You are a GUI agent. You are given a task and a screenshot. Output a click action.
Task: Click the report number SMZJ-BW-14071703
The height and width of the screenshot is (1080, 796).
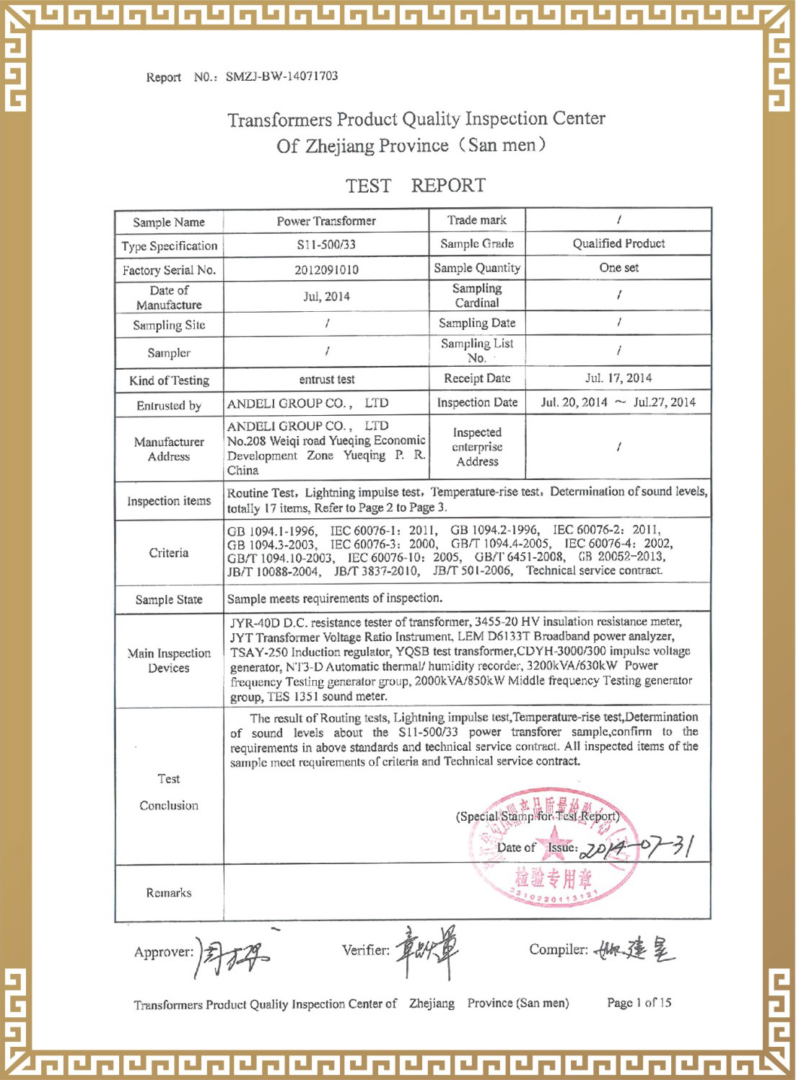pos(281,77)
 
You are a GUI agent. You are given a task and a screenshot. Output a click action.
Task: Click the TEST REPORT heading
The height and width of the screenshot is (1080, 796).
pos(416,186)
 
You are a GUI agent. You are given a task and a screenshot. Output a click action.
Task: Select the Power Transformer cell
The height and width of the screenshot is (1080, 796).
pos(326,221)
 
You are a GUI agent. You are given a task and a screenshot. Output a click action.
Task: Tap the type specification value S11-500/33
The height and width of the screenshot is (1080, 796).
pos(326,245)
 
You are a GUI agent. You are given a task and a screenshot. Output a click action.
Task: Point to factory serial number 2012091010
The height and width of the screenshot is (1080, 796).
pos(326,270)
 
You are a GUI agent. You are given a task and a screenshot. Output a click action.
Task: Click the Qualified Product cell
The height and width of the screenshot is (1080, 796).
pos(618,243)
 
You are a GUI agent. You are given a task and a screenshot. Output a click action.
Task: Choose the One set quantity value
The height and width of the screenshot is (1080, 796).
pos(618,268)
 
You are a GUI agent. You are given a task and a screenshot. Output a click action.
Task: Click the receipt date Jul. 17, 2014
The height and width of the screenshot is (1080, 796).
pos(618,378)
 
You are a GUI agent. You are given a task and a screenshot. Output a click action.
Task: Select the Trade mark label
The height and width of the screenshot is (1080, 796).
pos(476,220)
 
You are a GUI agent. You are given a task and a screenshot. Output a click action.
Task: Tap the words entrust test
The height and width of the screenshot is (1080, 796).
pos(326,380)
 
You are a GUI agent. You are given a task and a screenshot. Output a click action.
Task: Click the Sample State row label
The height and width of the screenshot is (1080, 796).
pos(169,600)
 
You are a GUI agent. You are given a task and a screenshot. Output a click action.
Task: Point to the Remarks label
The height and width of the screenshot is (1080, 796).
pos(169,893)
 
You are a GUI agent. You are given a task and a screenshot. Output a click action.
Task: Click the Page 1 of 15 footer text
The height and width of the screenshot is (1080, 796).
pos(639,1003)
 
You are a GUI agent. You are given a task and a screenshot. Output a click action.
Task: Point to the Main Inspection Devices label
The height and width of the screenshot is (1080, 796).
pos(169,661)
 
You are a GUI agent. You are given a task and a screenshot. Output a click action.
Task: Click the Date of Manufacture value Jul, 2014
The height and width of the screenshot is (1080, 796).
pos(326,297)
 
